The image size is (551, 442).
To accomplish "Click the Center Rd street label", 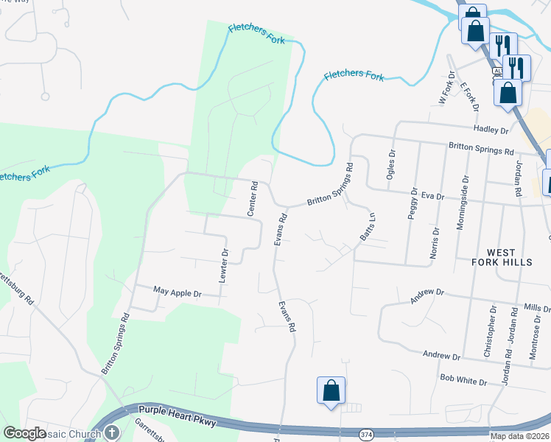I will pyautogui.click(x=253, y=198).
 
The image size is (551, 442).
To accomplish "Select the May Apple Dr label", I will pyautogui.click(x=177, y=292).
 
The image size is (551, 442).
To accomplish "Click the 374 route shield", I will pyautogui.click(x=366, y=435).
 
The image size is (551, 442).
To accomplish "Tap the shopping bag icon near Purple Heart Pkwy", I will pyautogui.click(x=331, y=390).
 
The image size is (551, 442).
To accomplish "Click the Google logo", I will pyautogui.click(x=25, y=433).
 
